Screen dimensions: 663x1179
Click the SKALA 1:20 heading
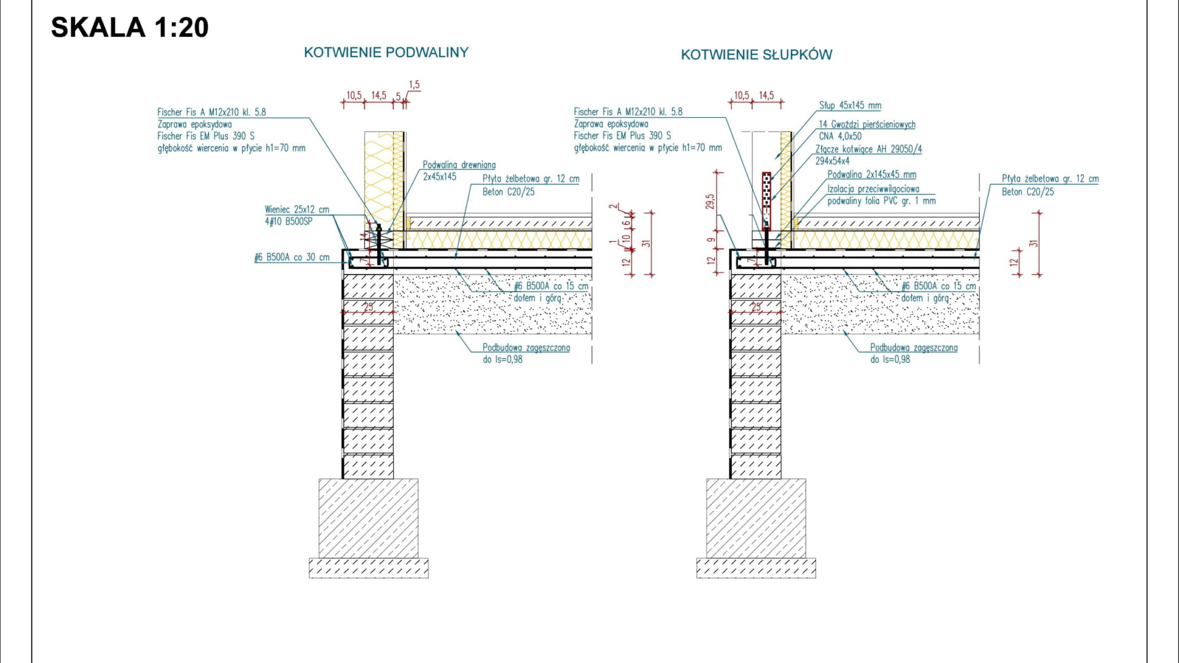130,28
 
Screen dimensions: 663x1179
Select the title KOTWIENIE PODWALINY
386,53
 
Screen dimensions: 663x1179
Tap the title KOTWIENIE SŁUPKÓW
757,55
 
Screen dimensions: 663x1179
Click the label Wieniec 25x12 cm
297,210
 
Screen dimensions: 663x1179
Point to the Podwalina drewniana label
459,165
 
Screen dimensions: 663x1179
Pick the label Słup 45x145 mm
850,106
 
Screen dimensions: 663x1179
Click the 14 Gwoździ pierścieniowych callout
866,125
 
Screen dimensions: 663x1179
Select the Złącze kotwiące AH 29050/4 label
868,149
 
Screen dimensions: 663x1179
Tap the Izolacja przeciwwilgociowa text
873,189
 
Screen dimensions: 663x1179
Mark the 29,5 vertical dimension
710,202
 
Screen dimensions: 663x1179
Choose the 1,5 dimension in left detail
414,85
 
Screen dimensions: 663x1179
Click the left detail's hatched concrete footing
368,518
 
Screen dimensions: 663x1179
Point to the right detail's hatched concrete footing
756,518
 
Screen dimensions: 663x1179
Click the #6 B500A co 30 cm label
292,258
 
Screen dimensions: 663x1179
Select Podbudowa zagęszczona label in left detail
526,348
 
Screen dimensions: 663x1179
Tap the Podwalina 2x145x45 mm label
871,175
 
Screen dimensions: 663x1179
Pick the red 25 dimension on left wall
368,307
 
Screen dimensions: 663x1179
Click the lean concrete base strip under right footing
756,568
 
